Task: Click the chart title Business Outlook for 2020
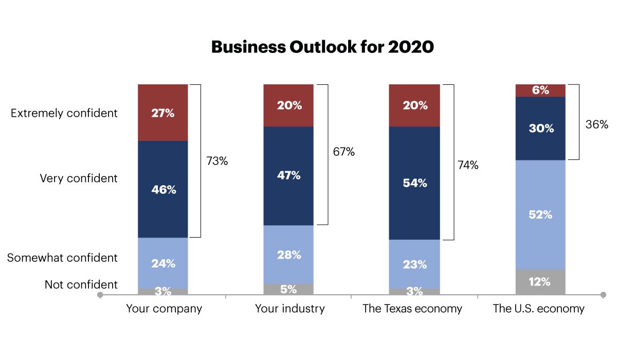(x=322, y=47)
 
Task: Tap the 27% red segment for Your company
(x=163, y=113)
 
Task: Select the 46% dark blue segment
(x=163, y=189)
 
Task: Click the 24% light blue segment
(x=163, y=263)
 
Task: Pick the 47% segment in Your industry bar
(x=288, y=175)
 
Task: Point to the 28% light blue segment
(x=288, y=255)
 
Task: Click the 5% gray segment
(x=288, y=289)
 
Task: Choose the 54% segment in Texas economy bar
(x=414, y=183)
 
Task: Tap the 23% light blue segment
(x=414, y=264)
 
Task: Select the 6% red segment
(x=540, y=90)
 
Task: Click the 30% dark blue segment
(x=540, y=129)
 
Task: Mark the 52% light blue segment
(x=540, y=215)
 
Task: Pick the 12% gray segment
(x=540, y=282)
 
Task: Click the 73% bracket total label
(x=217, y=161)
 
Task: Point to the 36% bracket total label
(x=597, y=124)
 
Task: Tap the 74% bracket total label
(x=468, y=165)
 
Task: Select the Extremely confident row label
(x=64, y=113)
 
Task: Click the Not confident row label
(x=81, y=284)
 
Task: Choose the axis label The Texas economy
(x=412, y=309)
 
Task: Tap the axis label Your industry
(x=290, y=309)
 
